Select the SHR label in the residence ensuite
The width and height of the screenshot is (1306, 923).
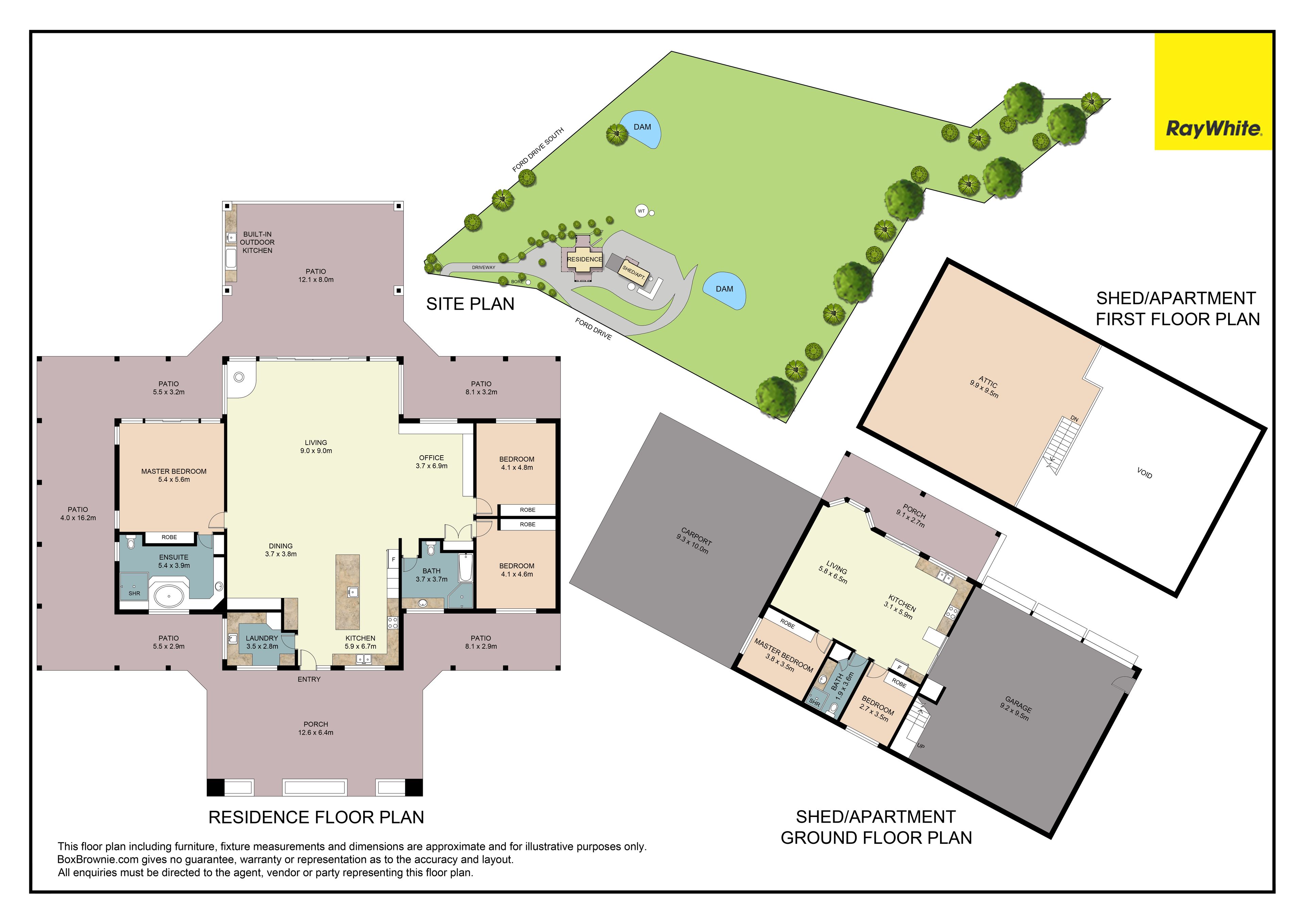pyautogui.click(x=134, y=593)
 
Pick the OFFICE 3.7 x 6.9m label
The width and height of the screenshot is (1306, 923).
pyautogui.click(x=431, y=462)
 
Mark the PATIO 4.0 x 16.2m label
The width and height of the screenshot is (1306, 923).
pyautogui.click(x=78, y=514)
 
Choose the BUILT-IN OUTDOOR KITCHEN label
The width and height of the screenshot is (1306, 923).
pyautogui.click(x=257, y=242)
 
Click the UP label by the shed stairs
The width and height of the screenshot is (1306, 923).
pyautogui.click(x=921, y=746)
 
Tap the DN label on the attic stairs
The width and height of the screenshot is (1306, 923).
pyautogui.click(x=1074, y=418)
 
